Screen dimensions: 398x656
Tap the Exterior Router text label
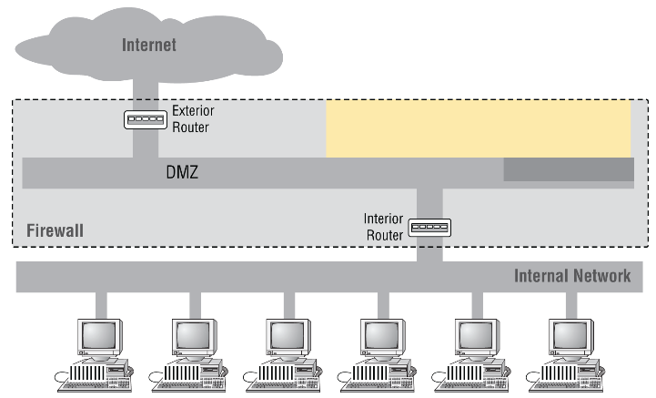pos(191,119)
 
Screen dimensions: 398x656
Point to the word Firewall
pos(55,230)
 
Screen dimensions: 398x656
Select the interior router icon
pos(429,227)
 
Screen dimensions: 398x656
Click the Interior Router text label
pos(382,227)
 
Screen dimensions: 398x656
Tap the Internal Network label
pos(572,276)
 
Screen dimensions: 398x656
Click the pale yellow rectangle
pos(478,128)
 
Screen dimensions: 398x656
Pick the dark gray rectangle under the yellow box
pos(568,169)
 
